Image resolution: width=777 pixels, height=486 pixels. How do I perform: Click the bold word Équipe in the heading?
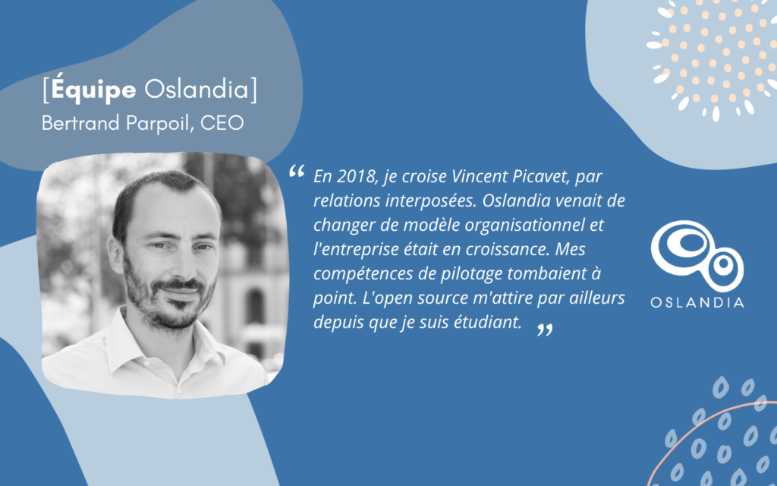(93, 90)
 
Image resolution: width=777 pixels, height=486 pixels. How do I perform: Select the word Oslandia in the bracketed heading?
(197, 90)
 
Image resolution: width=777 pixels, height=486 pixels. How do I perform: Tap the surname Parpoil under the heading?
(159, 124)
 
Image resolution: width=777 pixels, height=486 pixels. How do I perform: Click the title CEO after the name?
(222, 123)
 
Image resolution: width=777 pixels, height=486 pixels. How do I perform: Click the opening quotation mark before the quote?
(297, 172)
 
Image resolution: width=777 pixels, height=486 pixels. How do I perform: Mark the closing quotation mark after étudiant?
(545, 330)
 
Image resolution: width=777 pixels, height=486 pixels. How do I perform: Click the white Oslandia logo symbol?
(697, 255)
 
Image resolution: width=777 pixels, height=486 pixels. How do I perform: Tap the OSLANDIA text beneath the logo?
(697, 302)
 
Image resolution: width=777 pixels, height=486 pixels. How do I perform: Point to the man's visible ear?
(115, 254)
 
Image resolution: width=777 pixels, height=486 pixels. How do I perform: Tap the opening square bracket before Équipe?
(46, 90)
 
